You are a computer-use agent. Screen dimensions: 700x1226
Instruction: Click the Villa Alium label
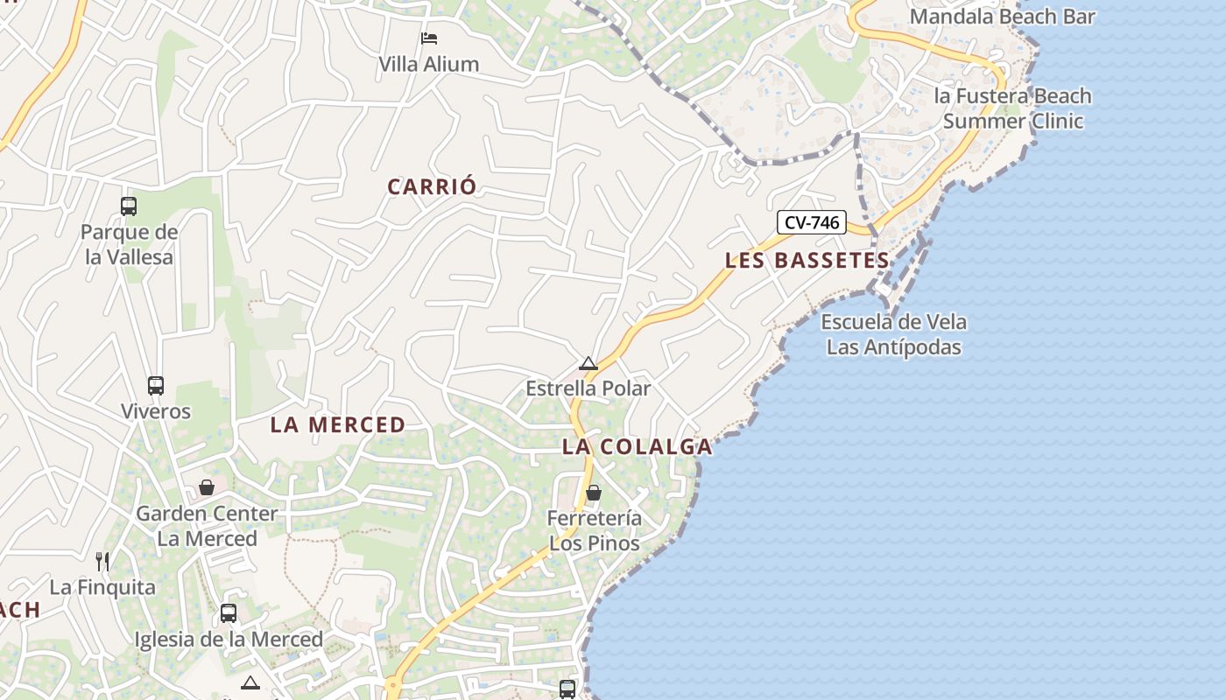428,64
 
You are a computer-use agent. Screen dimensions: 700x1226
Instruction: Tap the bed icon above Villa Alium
428,38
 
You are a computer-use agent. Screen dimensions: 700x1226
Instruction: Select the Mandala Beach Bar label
1003,16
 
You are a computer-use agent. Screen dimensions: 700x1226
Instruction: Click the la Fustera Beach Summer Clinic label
1013,108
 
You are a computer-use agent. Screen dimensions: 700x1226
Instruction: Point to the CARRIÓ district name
433,186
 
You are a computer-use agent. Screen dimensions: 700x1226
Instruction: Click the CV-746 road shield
812,222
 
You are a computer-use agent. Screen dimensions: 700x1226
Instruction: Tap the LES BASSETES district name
807,260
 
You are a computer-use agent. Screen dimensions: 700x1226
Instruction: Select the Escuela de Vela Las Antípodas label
894,334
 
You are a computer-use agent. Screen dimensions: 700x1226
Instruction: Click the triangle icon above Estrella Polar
588,363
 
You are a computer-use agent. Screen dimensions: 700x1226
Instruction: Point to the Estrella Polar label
588,388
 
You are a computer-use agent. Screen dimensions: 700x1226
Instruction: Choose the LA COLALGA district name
637,446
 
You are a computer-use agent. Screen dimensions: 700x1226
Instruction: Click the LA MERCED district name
338,425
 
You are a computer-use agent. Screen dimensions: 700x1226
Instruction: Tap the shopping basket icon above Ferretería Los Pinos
594,493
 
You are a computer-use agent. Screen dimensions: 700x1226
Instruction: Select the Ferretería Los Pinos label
595,530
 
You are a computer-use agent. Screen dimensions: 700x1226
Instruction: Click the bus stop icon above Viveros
156,385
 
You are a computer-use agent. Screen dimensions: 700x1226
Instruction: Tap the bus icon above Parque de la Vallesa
129,206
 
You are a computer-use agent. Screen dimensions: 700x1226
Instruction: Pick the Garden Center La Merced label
207,526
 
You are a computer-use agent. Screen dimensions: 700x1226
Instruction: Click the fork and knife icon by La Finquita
102,561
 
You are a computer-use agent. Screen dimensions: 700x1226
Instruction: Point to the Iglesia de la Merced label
229,640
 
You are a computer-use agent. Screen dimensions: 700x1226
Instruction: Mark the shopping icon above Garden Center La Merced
207,487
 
